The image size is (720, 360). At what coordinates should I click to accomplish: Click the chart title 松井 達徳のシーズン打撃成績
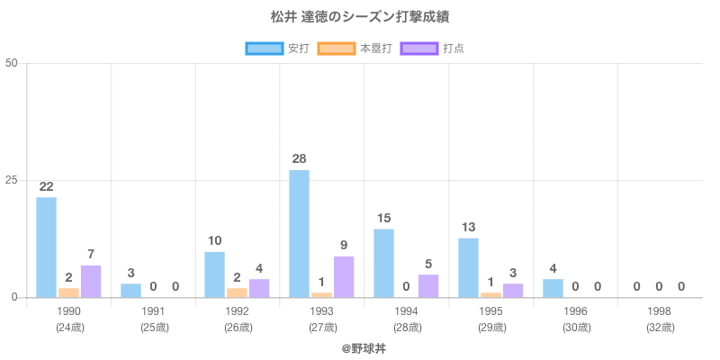point(359,17)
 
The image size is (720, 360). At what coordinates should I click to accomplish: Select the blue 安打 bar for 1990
point(46,247)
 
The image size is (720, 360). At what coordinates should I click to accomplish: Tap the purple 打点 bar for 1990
point(91,281)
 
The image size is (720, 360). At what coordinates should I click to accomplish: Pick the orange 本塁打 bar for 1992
point(237,292)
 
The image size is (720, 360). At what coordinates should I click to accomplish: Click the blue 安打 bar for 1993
point(300,233)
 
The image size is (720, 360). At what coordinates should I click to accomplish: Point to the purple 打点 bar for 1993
point(344,276)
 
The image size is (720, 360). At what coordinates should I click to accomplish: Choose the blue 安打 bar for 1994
point(383,263)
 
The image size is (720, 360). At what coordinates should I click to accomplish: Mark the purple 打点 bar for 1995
point(513,290)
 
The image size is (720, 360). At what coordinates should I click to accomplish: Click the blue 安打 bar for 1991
point(130,290)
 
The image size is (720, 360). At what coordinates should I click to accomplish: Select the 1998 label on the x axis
point(660,311)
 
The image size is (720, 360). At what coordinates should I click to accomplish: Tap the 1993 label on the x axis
point(321,311)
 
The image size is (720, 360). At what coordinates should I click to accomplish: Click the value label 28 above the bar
point(300,159)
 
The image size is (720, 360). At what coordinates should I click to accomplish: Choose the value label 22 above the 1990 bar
point(46,187)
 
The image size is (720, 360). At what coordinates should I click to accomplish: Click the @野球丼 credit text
point(359,346)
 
